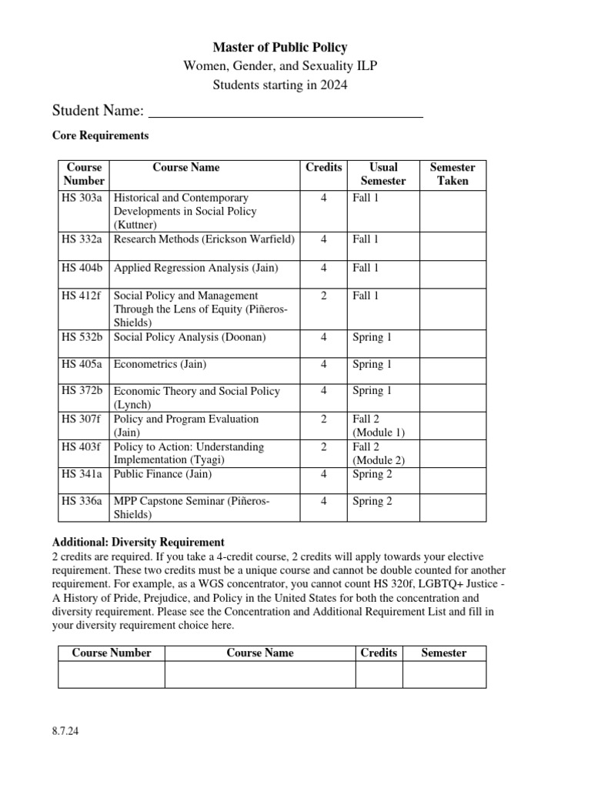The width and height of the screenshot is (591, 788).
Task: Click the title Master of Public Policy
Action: [x=279, y=48]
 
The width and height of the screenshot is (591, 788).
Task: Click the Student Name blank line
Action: [x=285, y=112]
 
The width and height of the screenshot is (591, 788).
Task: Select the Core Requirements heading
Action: [x=100, y=135]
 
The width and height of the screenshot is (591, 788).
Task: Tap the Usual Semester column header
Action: [x=382, y=174]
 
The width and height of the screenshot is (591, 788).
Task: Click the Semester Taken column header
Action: [x=452, y=174]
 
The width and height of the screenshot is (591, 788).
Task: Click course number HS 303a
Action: [x=84, y=198]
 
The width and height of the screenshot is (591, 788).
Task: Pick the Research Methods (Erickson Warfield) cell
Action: [x=204, y=239]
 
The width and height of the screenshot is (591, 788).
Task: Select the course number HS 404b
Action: [x=84, y=268]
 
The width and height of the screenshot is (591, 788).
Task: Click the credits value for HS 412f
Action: [x=323, y=295]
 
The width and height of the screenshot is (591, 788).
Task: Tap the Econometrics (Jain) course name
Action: [x=160, y=364]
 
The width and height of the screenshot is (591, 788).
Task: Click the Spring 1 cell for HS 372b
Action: [x=372, y=391]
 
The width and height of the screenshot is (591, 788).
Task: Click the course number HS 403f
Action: [x=84, y=447]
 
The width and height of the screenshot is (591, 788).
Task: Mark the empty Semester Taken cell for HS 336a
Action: [x=452, y=508]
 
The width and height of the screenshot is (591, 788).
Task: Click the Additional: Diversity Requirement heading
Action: [x=138, y=542]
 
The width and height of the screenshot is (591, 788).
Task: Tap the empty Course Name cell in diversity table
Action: [x=259, y=674]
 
